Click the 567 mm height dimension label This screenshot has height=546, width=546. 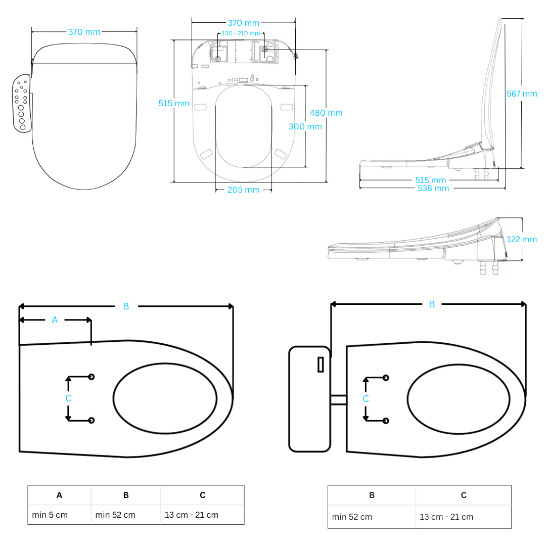pos(522,94)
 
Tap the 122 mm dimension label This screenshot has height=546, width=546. pos(522,240)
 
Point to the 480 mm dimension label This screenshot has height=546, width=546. pos(327,113)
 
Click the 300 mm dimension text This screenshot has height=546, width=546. pos(305,127)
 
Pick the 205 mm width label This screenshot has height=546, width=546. pos(243,190)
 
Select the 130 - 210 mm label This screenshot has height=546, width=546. pos(241,33)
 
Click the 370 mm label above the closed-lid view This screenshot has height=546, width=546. pos(84,32)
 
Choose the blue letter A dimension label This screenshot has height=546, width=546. pos(55,320)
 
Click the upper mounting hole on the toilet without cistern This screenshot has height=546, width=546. pos(92,377)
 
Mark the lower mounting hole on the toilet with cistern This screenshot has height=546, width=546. pos(386,421)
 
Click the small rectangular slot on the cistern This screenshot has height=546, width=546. pos(321,365)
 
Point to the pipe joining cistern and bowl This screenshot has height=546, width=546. pos(338,399)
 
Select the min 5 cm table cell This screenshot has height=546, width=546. pos(50,515)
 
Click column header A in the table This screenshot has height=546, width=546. pos(59,495)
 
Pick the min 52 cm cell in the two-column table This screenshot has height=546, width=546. pos(352,517)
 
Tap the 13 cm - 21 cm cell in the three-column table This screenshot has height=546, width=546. pos(192,515)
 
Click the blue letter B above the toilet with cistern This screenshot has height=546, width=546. pos(432,304)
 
